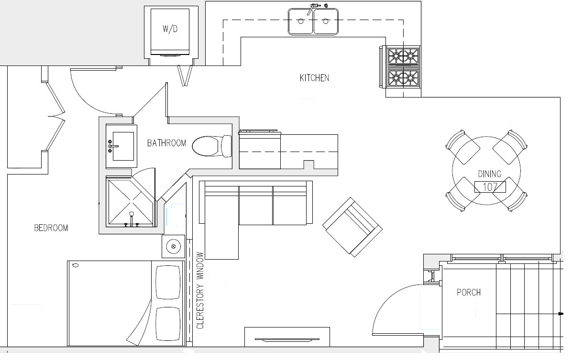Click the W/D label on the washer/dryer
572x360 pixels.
pos(170,29)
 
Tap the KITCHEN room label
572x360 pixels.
pos(314,78)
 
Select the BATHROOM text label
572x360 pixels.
pos(167,143)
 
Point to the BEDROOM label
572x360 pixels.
pos(51,228)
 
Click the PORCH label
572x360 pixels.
pos(469,292)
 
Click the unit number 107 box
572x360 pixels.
pos(490,187)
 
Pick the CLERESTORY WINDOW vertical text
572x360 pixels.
pos(200,290)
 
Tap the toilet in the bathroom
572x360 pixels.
pos(212,146)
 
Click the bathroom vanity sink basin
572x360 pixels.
pos(123,146)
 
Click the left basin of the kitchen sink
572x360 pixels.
pos(301,21)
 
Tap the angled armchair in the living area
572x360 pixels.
pos(352,227)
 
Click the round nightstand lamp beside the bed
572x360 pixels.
pos(173,247)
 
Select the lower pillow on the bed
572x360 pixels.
pos(168,324)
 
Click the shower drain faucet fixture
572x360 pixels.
pos(132,219)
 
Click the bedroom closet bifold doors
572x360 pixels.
pos(56,116)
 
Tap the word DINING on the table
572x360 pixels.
pos(490,174)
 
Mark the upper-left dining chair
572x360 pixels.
pos(462,147)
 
